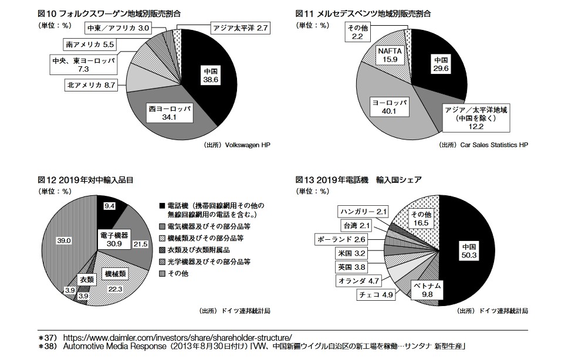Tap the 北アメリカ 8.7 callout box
91,85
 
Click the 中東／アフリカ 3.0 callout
119,28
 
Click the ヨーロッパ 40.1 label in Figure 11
389,106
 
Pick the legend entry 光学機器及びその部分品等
209,261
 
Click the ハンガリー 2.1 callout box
364,211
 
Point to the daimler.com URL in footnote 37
177,338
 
